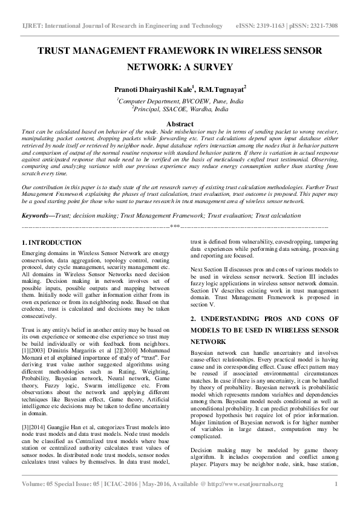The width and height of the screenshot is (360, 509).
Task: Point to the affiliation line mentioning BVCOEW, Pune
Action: [x=180, y=102]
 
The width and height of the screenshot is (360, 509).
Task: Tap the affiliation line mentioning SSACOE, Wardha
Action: [x=180, y=110]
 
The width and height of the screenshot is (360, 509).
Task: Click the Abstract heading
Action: [x=180, y=123]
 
